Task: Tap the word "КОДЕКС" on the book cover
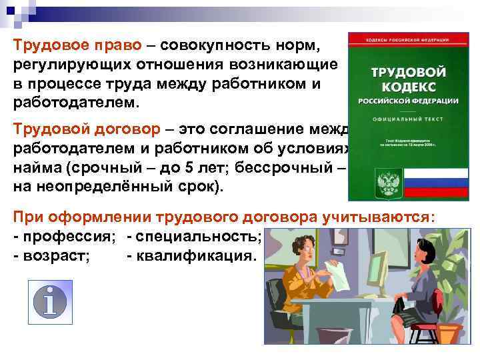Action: pos(409,87)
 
